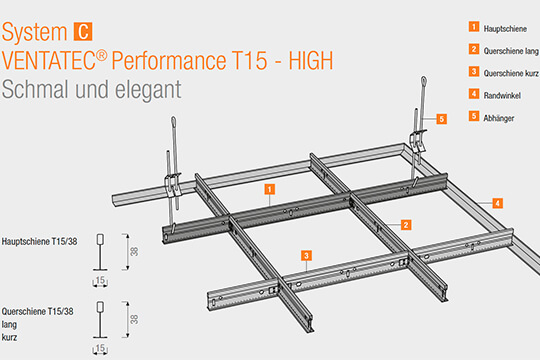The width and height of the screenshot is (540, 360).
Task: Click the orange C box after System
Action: tap(83, 32)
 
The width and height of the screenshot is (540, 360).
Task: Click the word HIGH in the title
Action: tap(311, 61)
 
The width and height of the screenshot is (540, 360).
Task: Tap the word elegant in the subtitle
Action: tap(148, 90)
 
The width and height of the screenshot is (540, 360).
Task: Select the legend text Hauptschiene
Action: tap(505, 29)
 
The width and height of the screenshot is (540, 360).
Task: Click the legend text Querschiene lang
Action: tap(511, 51)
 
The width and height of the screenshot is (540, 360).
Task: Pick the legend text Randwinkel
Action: tap(502, 95)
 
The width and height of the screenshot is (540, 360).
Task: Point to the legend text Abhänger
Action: tap(499, 118)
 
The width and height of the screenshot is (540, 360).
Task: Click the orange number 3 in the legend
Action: tap(474, 72)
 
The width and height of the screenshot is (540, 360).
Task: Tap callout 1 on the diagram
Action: tap(270, 189)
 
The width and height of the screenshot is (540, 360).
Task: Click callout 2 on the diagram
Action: tap(406, 225)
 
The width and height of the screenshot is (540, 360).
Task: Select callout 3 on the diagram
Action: tap(306, 256)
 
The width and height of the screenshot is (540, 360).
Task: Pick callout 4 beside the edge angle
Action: tap(497, 203)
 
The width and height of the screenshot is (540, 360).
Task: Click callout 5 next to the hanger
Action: tap(442, 119)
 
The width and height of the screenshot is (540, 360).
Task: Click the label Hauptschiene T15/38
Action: tap(40, 241)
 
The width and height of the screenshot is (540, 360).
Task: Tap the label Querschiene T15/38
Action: tap(38, 311)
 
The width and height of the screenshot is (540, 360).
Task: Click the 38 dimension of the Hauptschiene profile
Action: tap(134, 251)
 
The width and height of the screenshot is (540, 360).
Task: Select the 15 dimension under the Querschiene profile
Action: tap(100, 348)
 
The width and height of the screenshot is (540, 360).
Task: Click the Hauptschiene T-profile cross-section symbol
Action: tap(100, 252)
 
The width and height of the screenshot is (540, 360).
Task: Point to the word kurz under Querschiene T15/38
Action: tap(9, 337)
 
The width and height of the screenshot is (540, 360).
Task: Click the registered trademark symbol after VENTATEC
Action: tap(102, 55)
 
